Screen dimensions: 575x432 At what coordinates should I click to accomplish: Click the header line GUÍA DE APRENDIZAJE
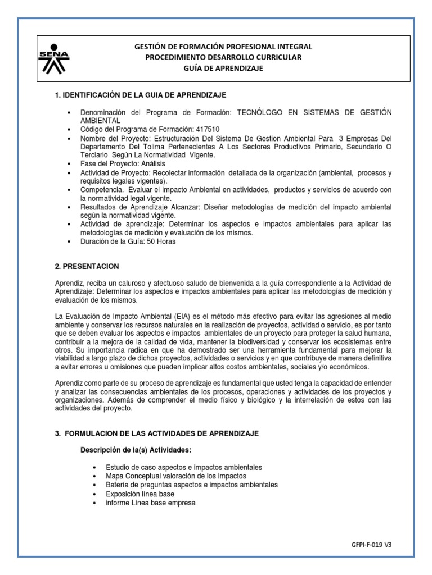223,69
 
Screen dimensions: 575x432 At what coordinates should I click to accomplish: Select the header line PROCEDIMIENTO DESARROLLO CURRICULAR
223,57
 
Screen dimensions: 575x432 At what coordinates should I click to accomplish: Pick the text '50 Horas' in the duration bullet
161,241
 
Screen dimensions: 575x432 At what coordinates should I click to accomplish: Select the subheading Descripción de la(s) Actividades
137,451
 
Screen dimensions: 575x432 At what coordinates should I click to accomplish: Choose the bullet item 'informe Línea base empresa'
150,503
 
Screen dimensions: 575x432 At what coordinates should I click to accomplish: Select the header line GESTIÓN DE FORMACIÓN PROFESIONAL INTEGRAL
223,47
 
